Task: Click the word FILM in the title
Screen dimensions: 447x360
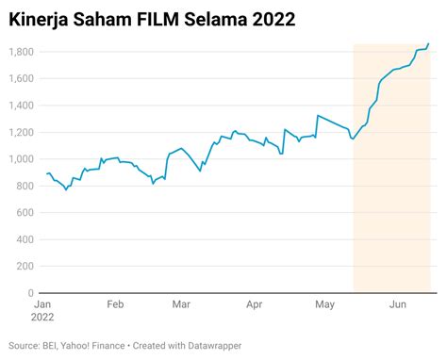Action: tap(157, 20)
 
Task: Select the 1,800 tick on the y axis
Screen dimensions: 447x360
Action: tap(22, 52)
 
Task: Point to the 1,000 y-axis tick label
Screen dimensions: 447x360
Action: tap(22, 159)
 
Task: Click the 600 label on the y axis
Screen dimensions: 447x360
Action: tap(25, 213)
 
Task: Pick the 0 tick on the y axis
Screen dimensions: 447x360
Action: tap(30, 293)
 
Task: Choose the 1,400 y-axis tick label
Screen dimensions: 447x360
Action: tap(22, 106)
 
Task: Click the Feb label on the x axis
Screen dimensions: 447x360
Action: tap(115, 304)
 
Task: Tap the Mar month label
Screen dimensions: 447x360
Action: tap(181, 304)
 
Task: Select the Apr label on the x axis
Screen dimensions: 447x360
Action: tap(254, 304)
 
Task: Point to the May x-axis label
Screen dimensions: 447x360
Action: tap(325, 304)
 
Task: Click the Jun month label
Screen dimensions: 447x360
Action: tap(398, 304)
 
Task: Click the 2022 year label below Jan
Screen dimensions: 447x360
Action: tap(42, 317)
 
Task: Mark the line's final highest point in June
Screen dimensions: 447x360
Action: tap(428, 43)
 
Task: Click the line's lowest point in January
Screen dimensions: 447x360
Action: tap(66, 189)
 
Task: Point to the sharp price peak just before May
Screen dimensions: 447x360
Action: tap(318, 115)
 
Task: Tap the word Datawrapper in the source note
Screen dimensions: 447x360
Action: tap(215, 346)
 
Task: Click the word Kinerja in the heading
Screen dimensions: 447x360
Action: tap(39, 20)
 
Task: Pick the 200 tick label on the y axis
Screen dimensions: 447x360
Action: tap(25, 267)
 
